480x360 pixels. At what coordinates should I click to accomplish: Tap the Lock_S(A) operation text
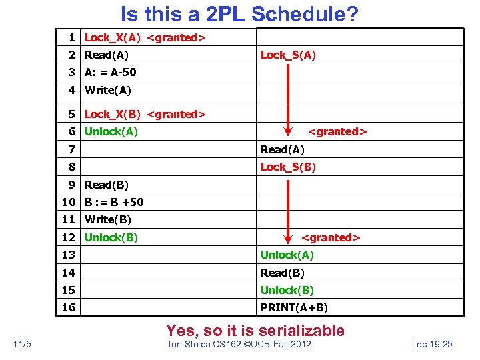pyautogui.click(x=288, y=55)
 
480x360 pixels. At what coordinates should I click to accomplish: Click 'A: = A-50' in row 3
pyautogui.click(x=110, y=73)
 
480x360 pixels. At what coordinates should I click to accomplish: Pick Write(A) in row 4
pyautogui.click(x=108, y=90)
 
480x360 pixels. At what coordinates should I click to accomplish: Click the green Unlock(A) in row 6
pyautogui.click(x=111, y=131)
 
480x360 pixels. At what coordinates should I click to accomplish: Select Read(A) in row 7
pyautogui.click(x=282, y=149)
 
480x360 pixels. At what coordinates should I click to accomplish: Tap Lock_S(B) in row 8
pyautogui.click(x=288, y=167)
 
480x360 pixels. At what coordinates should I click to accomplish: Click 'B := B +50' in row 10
pyautogui.click(x=114, y=202)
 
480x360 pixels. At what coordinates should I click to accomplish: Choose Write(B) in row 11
pyautogui.click(x=108, y=219)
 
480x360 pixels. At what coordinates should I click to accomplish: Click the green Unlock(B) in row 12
pyautogui.click(x=111, y=237)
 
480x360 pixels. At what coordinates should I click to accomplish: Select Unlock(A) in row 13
pyautogui.click(x=287, y=255)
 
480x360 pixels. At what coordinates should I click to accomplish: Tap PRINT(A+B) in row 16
pyautogui.click(x=294, y=307)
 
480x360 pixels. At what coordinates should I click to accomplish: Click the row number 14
pyautogui.click(x=67, y=273)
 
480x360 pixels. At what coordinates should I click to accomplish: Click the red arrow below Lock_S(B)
pyautogui.click(x=288, y=207)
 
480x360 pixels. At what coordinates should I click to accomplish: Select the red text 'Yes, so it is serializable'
pyautogui.click(x=255, y=330)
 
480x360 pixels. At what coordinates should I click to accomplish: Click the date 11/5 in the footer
pyautogui.click(x=22, y=344)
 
